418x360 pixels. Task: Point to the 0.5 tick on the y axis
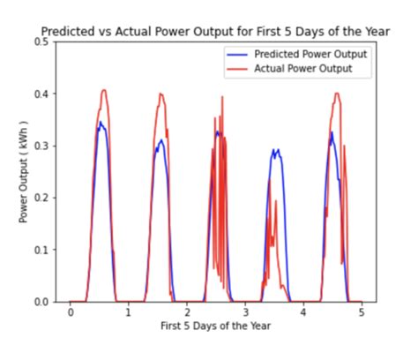[41, 41]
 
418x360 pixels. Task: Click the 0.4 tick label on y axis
[41, 94]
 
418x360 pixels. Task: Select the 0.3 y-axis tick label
[41, 146]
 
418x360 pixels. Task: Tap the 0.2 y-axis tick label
[41, 198]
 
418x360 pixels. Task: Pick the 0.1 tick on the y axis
[41, 250]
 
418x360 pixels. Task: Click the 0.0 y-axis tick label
[41, 302]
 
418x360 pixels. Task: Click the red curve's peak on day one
[104, 90]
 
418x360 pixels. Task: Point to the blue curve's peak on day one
[101, 123]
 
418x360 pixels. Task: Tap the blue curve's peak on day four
[275, 149]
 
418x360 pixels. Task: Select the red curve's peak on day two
[160, 94]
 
